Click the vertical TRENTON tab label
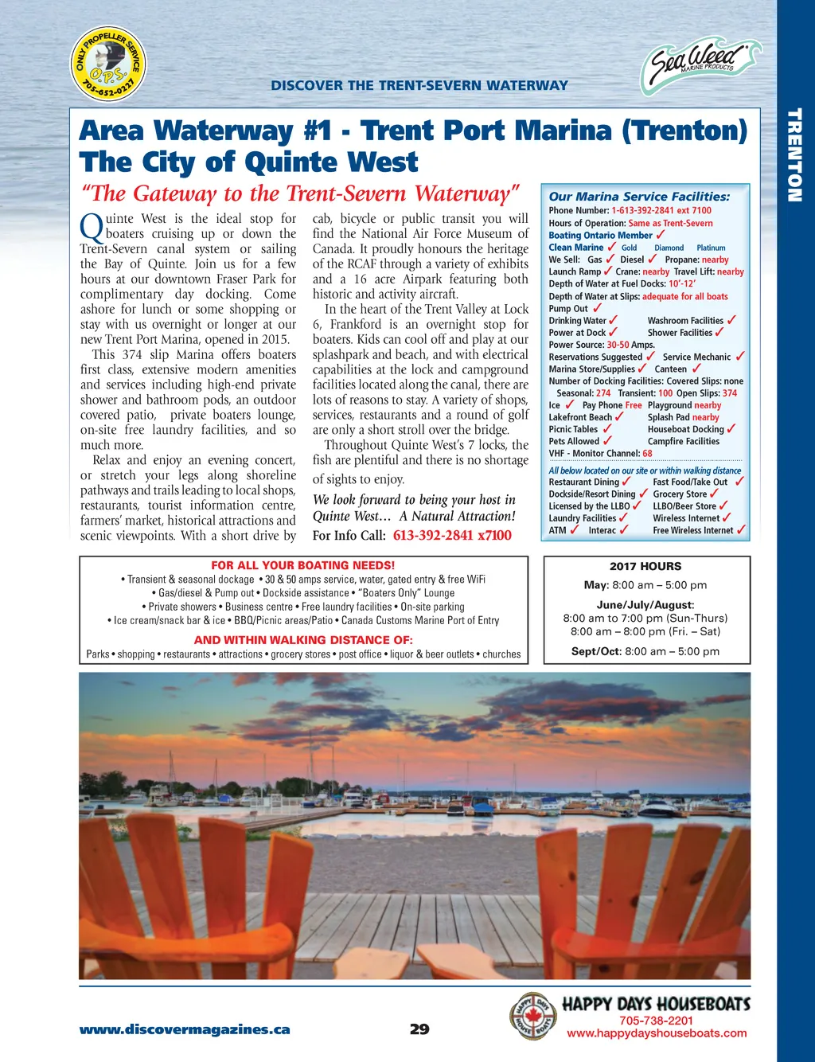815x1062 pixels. (x=794, y=155)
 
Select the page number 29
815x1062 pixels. (x=419, y=1029)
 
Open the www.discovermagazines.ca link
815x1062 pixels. (x=185, y=1029)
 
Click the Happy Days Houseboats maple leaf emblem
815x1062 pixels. (x=532, y=1016)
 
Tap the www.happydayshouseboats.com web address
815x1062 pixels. (x=657, y=1033)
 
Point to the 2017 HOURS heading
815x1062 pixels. (x=645, y=567)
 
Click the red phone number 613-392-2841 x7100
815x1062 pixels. (x=452, y=536)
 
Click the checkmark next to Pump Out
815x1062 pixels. (x=597, y=308)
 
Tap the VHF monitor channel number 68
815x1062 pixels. (x=647, y=454)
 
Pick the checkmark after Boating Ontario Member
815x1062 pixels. (x=661, y=235)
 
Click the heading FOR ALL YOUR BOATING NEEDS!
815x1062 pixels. (x=302, y=565)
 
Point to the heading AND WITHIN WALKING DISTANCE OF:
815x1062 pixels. (x=303, y=640)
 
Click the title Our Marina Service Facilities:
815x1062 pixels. (x=639, y=197)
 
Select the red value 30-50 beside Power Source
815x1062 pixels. (x=618, y=345)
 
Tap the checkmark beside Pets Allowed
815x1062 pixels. (x=607, y=441)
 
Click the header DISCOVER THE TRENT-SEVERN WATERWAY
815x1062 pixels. (x=419, y=85)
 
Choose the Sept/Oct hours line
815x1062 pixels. (x=645, y=651)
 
